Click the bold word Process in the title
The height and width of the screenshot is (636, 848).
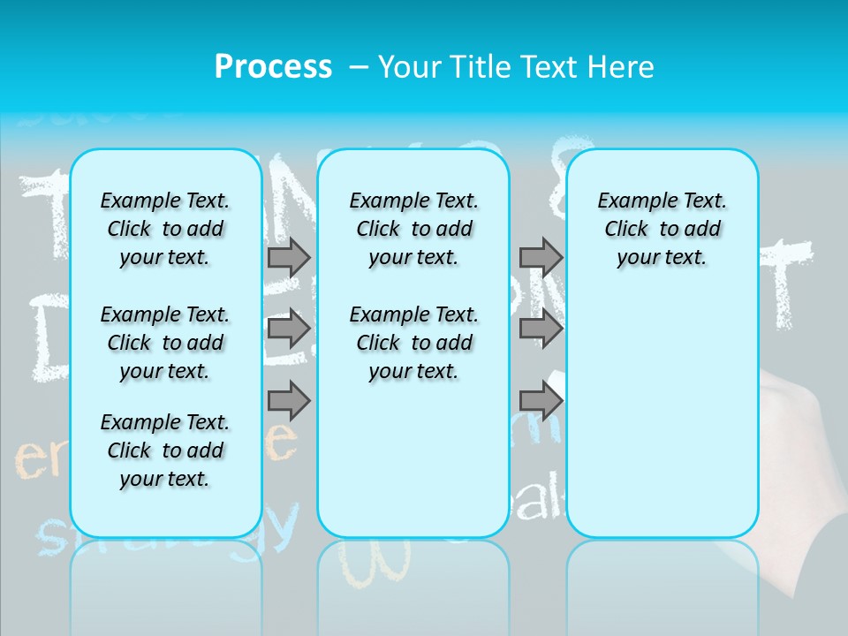[x=273, y=67]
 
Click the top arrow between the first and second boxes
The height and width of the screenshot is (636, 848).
[x=289, y=257]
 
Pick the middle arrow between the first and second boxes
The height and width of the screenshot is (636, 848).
[x=289, y=329]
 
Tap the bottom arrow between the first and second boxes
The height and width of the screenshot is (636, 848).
[x=289, y=401]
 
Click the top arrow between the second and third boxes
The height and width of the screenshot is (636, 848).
[x=541, y=257]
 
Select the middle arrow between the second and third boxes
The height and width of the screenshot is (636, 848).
[x=541, y=329]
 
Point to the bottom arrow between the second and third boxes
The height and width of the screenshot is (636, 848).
[x=541, y=401]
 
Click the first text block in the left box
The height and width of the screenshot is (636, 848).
[x=165, y=229]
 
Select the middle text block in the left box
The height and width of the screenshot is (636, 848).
[x=165, y=343]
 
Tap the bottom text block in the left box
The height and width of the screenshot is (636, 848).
[x=165, y=450]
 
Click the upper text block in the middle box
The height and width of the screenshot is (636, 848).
[x=413, y=229]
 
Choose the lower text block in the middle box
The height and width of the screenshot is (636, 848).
[x=413, y=343]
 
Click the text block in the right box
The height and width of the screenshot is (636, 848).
[x=662, y=229]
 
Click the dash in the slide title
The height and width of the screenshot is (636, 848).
[x=359, y=67]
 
